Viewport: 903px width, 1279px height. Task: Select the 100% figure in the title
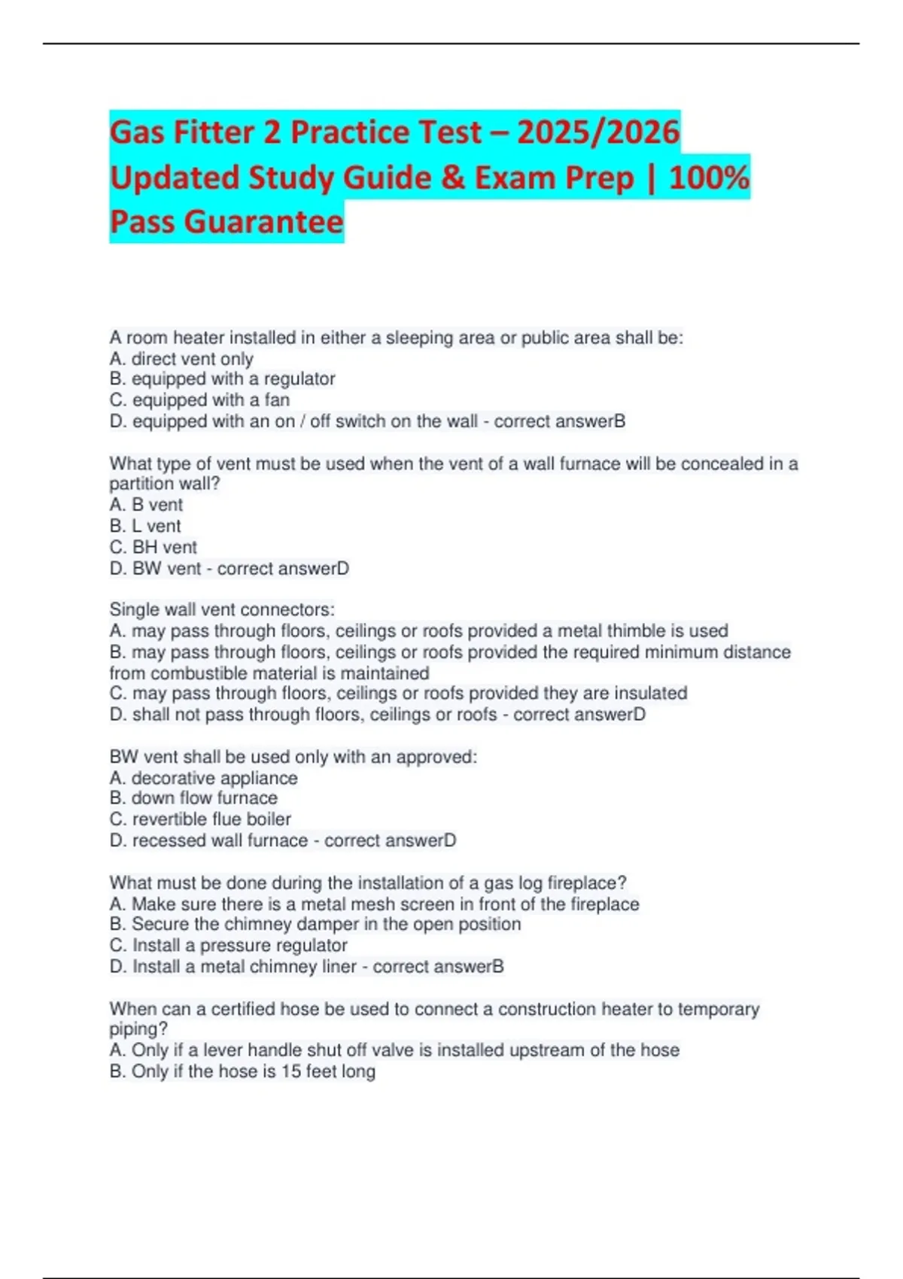click(709, 178)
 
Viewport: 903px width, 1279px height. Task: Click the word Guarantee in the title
click(263, 222)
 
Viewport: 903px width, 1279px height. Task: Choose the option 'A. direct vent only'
click(181, 359)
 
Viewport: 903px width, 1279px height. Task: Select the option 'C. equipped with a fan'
click(199, 399)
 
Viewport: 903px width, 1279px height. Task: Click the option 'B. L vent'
click(145, 526)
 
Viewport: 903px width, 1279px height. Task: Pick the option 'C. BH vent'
click(153, 547)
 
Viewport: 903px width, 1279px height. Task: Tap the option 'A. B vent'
click(146, 505)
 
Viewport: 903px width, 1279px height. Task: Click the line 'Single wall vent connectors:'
click(222, 609)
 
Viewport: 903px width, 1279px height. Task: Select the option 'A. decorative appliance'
click(203, 778)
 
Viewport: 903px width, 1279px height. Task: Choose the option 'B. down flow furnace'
click(193, 797)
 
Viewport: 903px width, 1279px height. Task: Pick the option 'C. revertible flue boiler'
click(200, 819)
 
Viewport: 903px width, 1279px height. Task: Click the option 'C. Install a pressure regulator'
click(228, 945)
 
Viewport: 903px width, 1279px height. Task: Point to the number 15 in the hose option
click(290, 1071)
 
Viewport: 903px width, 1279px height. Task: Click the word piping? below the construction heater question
click(138, 1029)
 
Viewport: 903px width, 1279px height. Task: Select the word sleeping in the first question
click(417, 338)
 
